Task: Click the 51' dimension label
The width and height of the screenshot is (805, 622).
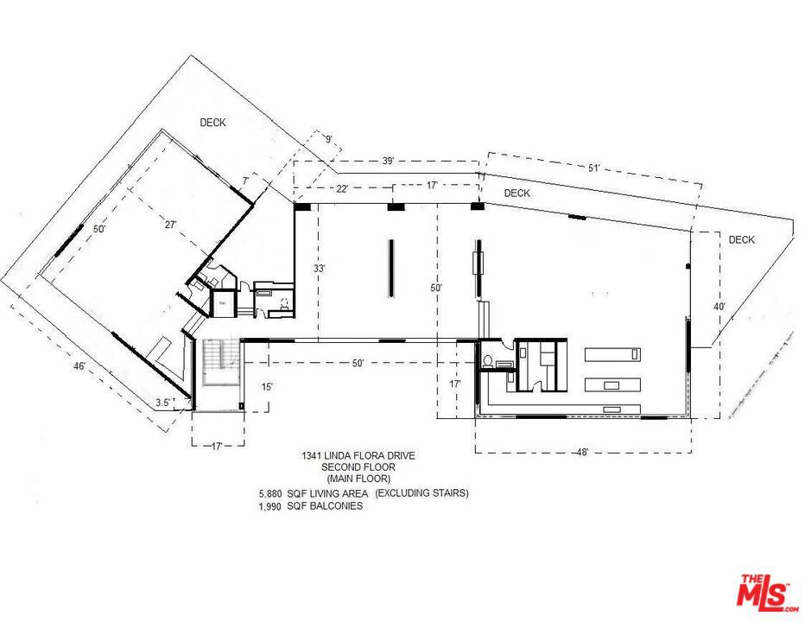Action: tap(593, 168)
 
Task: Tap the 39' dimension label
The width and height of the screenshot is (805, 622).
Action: tap(388, 162)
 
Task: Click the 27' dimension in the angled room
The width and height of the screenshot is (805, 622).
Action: tap(171, 225)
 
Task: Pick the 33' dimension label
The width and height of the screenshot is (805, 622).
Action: tap(319, 269)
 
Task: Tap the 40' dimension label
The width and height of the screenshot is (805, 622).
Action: tap(719, 306)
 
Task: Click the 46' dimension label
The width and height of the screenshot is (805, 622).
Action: tap(79, 367)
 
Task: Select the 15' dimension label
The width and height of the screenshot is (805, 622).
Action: tap(268, 387)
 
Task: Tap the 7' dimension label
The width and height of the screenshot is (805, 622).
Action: tap(246, 180)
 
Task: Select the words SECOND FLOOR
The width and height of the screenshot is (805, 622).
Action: tap(358, 466)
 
